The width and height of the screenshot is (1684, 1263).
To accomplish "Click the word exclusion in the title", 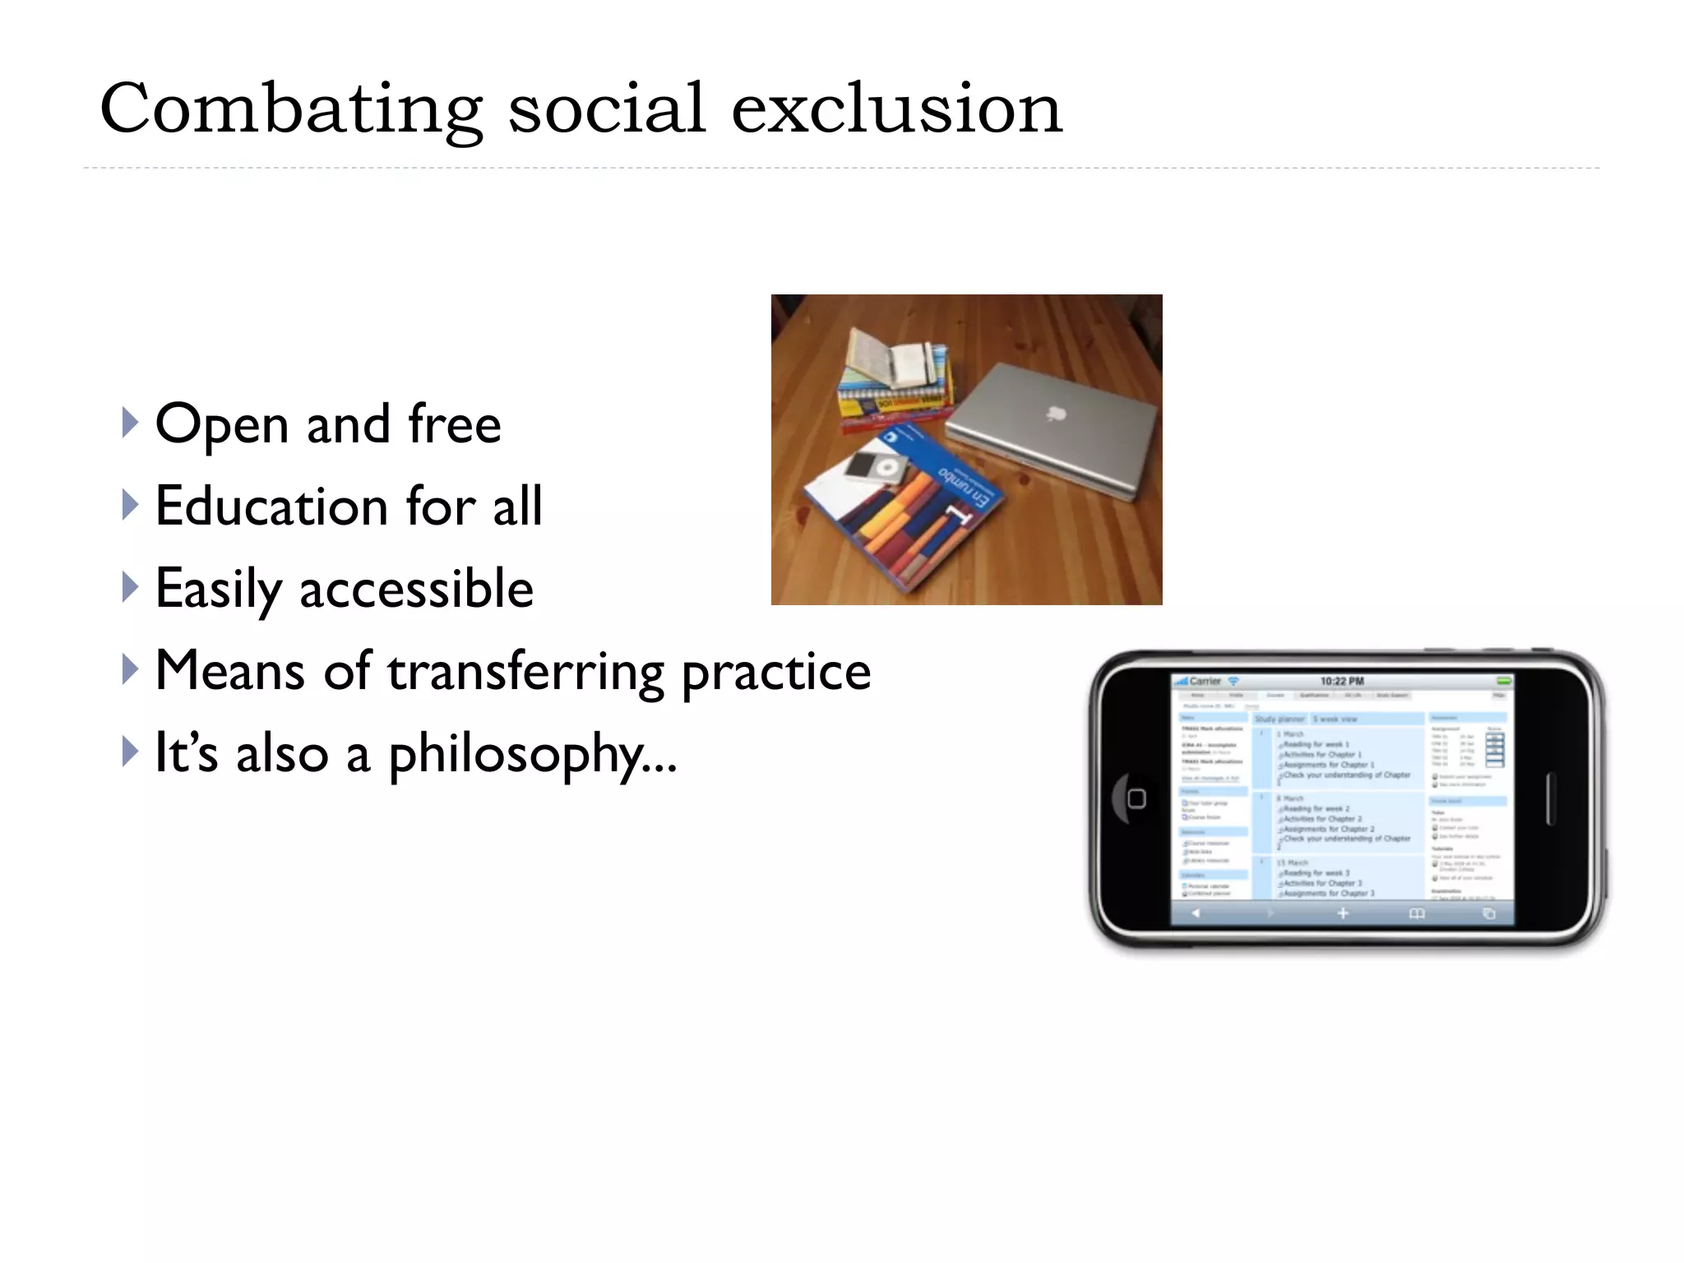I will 896,109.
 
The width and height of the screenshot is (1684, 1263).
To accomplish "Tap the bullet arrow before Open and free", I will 130,423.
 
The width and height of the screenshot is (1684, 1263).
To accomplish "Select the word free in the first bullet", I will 454,424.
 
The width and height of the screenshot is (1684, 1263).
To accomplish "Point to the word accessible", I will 416,589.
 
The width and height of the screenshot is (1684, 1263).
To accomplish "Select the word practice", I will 776,673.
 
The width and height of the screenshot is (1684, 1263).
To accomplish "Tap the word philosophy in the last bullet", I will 516,755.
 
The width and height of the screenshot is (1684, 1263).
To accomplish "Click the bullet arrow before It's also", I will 130,752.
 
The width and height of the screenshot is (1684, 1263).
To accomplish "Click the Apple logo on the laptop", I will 1056,412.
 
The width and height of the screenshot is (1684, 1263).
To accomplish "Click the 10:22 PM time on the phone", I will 1342,681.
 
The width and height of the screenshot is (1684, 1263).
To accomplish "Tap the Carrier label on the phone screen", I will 1205,681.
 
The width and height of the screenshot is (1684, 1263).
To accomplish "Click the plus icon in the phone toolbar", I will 1342,914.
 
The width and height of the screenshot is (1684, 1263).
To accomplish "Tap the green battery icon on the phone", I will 1503,681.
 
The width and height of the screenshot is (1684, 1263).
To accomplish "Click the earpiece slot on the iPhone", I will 1549,798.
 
